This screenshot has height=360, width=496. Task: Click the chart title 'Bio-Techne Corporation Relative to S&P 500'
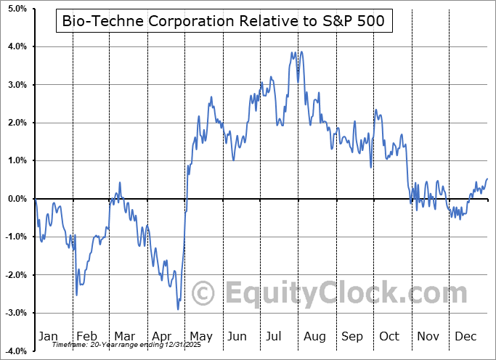(224, 22)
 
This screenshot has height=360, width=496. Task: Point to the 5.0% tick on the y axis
(17, 9)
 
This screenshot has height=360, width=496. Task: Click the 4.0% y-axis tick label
(17, 46)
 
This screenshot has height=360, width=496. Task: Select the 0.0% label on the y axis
(17, 199)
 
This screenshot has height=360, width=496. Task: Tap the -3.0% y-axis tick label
(15, 313)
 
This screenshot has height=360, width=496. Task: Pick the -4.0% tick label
(15, 351)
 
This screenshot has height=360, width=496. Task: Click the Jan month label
(48, 336)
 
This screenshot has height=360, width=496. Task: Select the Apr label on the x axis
(163, 336)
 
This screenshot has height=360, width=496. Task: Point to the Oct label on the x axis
(390, 336)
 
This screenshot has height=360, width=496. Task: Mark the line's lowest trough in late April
(178, 309)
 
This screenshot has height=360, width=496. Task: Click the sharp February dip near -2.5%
(77, 295)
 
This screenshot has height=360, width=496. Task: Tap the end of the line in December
(487, 179)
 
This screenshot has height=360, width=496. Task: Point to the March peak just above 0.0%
(120, 183)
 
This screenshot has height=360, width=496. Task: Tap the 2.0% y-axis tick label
(17, 123)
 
